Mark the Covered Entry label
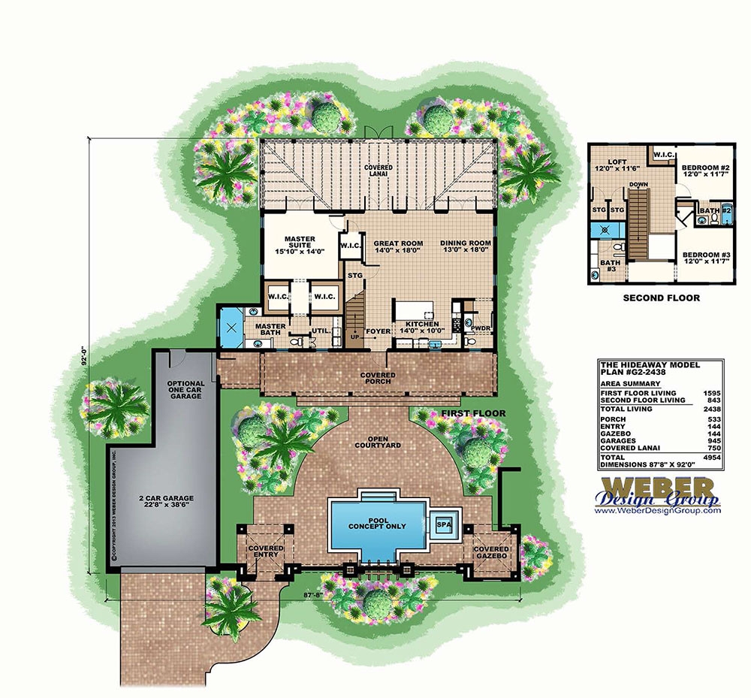point(265,552)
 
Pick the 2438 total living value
point(709,409)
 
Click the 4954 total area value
point(709,457)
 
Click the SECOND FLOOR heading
point(662,298)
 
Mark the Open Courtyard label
point(380,441)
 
